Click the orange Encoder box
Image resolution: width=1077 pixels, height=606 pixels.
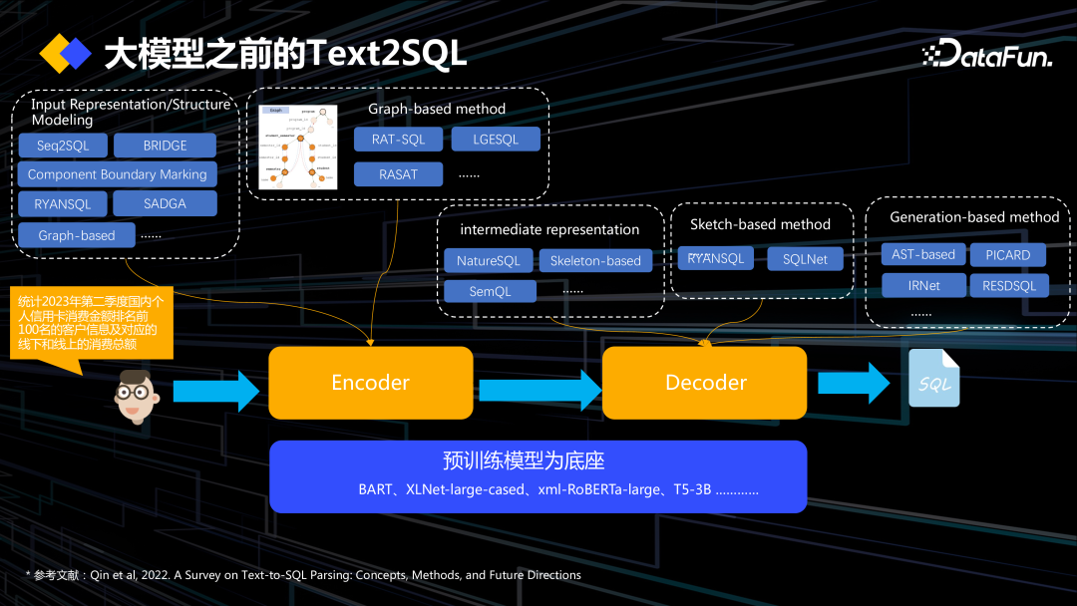[370, 383]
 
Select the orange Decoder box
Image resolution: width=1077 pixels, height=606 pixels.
[705, 383]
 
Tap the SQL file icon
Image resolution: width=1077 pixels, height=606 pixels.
[934, 379]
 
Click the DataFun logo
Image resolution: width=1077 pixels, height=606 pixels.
[986, 54]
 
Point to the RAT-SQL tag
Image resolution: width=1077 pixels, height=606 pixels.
[398, 140]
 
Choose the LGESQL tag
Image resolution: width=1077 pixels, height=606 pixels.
[496, 140]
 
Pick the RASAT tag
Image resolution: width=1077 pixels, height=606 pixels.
[398, 174]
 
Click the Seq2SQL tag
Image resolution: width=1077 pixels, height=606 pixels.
[63, 146]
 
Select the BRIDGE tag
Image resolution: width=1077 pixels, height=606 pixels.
[165, 146]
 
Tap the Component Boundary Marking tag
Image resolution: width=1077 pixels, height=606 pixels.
[117, 174]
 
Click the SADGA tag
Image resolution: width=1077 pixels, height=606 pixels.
[165, 203]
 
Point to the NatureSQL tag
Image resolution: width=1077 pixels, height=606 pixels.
[488, 261]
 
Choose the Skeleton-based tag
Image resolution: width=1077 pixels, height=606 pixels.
[595, 261]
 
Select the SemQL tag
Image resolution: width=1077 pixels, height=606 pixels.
[490, 291]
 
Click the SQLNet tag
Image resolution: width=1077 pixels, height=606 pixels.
[805, 259]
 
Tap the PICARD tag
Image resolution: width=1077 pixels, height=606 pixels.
[1007, 255]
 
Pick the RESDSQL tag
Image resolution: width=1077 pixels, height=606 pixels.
[1009, 286]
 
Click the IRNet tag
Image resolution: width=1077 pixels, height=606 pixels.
[923, 286]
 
